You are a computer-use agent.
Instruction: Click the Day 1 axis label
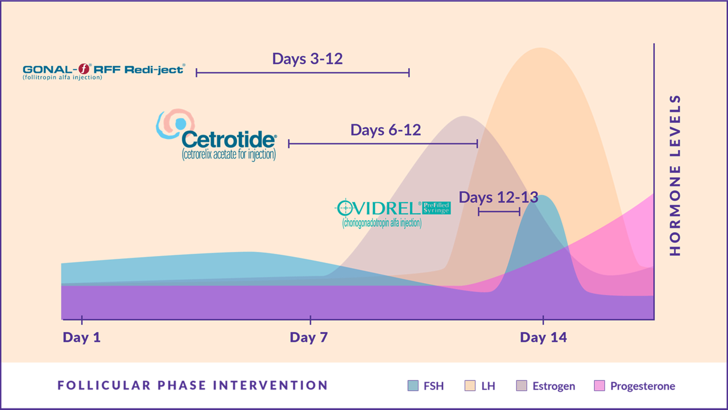(x=81, y=337)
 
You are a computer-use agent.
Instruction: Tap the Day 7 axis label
(x=309, y=337)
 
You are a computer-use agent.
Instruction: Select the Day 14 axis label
(x=543, y=337)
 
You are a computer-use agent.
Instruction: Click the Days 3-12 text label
(x=307, y=59)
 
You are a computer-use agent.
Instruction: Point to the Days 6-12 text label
(x=386, y=130)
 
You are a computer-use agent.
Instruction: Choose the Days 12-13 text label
(x=498, y=197)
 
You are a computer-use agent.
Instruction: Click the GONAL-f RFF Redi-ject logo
(x=103, y=71)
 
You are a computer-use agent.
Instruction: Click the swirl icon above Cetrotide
(x=175, y=124)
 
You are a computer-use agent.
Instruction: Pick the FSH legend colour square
(x=413, y=386)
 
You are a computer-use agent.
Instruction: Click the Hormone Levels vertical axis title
(x=675, y=176)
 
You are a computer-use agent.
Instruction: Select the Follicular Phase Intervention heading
(x=192, y=386)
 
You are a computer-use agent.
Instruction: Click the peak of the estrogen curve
(x=465, y=117)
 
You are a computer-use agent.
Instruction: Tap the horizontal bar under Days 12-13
(x=499, y=212)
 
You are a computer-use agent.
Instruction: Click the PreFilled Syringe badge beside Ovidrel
(x=436, y=208)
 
